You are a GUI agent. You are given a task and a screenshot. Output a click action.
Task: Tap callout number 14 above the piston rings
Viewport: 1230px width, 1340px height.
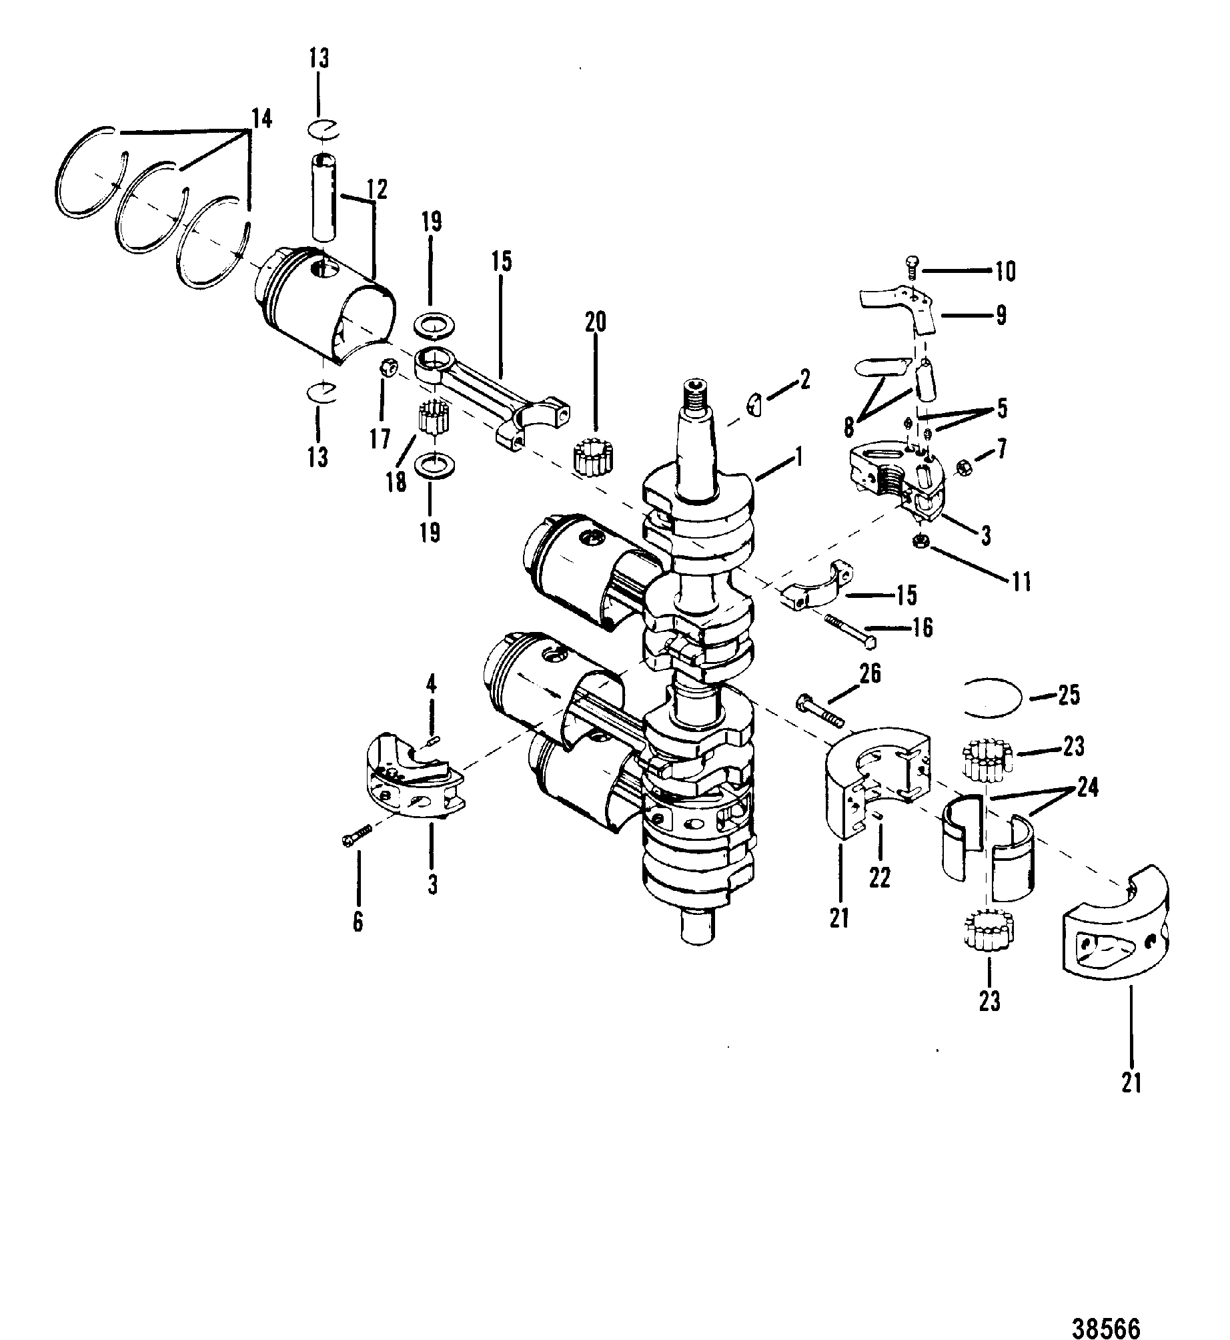262,119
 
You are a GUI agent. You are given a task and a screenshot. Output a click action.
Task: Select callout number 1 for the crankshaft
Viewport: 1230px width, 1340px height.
799,458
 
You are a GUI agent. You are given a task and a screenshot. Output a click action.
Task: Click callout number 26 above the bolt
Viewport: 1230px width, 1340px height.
869,675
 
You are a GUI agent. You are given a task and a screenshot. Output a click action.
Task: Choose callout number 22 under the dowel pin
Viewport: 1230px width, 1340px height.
880,878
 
